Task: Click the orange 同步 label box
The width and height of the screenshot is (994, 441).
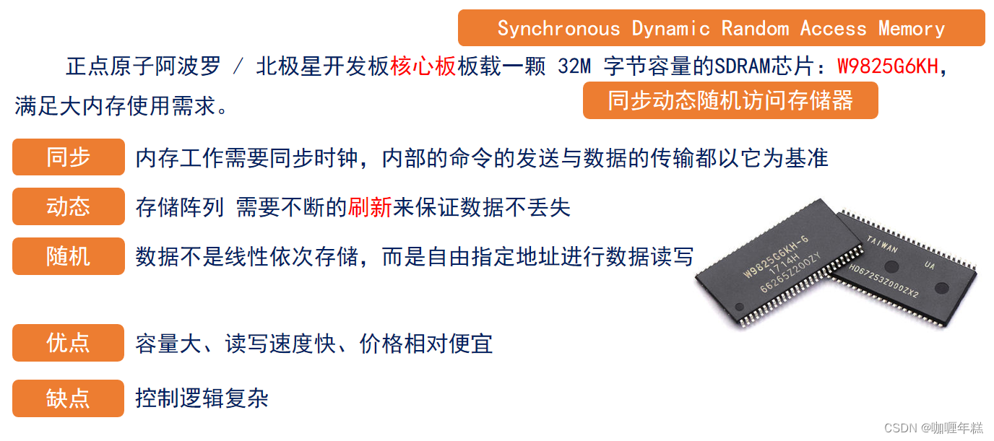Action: [68, 157]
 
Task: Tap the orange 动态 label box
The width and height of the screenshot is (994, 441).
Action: [68, 206]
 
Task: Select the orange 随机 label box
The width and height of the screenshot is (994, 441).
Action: [68, 256]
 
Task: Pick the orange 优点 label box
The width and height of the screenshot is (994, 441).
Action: [68, 343]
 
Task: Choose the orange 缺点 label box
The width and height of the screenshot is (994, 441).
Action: [68, 398]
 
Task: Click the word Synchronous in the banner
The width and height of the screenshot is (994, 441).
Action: [558, 29]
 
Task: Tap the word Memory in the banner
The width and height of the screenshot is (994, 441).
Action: [912, 29]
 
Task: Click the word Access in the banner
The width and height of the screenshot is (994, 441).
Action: [833, 29]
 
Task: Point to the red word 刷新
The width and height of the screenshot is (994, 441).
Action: [370, 208]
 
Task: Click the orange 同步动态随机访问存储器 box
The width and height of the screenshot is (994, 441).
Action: [730, 100]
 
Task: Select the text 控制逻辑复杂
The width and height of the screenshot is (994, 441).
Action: [202, 398]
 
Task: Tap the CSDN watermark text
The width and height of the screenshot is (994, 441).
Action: [933, 427]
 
